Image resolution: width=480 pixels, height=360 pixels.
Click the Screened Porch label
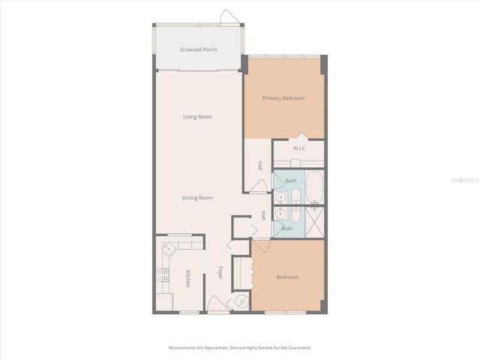[x=199, y=50]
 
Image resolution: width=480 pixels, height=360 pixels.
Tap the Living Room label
[x=198, y=117]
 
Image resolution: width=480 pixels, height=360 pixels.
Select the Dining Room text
[x=198, y=198]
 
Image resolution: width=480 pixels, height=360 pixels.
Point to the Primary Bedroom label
[x=283, y=98]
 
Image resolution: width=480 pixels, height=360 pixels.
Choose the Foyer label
[x=220, y=274]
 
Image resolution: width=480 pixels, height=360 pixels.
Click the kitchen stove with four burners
[x=161, y=275]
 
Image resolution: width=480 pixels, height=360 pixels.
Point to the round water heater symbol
[x=242, y=301]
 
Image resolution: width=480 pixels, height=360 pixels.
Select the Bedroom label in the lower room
[x=287, y=277]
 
